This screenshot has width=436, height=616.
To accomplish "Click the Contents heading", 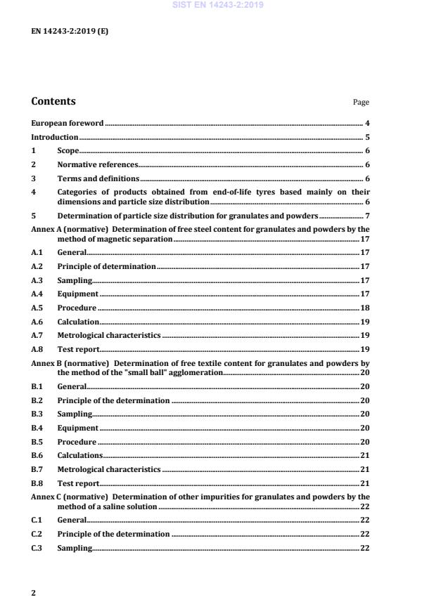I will (53, 101).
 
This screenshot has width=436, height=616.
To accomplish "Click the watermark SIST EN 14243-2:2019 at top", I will (217, 5).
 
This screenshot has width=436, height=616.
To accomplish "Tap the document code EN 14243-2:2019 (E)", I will (70, 32).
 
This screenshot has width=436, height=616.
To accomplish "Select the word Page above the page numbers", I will (361, 103).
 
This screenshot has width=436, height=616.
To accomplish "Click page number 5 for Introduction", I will (367, 137).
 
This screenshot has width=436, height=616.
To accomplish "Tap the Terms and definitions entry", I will (98, 178).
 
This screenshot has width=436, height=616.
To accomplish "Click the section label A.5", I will (37, 308).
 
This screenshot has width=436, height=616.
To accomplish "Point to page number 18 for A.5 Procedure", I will (365, 308).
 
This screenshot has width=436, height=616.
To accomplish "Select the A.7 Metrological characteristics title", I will (109, 335).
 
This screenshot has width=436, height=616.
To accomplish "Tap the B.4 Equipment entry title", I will (77, 427).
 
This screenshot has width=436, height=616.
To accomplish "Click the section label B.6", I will (37, 455).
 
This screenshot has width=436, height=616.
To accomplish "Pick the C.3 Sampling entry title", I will (75, 548).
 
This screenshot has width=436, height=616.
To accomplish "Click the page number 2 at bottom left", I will (34, 592).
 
